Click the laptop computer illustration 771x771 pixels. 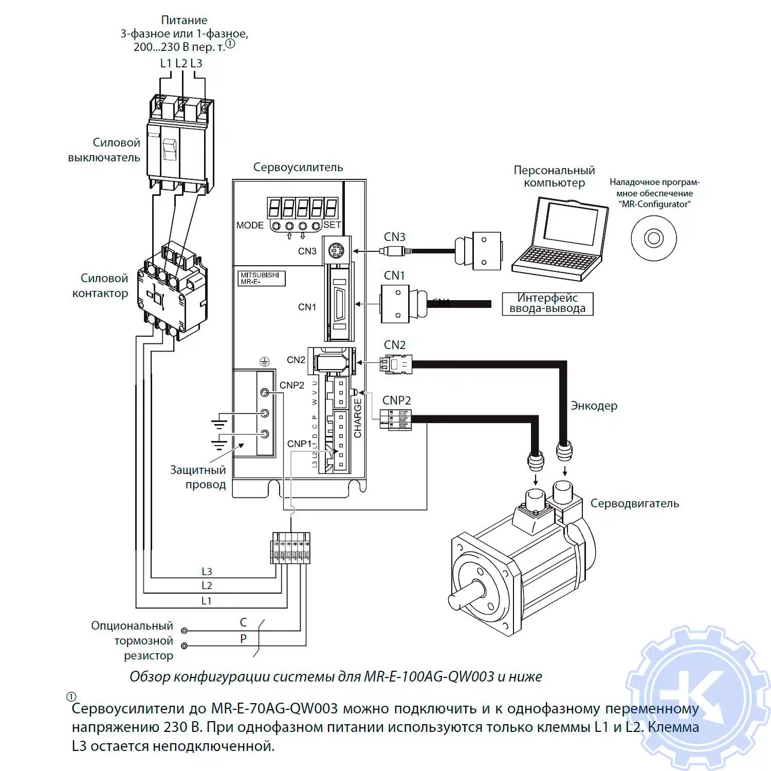tap(560, 239)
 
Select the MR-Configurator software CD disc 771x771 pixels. tap(654, 238)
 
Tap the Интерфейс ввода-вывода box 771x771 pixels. tap(547, 303)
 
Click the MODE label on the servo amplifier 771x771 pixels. tap(250, 225)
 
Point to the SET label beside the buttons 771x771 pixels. tap(332, 225)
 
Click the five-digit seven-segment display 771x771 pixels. tap(302, 208)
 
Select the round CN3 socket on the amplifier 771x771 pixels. tap(337, 251)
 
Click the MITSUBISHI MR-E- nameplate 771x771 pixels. tap(261, 278)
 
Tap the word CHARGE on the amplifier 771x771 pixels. tap(358, 418)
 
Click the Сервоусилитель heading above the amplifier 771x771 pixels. tap(298, 167)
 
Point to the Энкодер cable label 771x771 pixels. tap(594, 406)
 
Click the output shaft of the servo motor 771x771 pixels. tap(465, 596)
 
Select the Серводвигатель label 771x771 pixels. tap(634, 503)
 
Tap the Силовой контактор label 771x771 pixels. tap(101, 286)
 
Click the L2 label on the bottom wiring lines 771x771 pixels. tap(207, 585)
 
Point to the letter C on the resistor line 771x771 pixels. tap(243, 622)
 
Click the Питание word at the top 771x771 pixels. tap(184, 20)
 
